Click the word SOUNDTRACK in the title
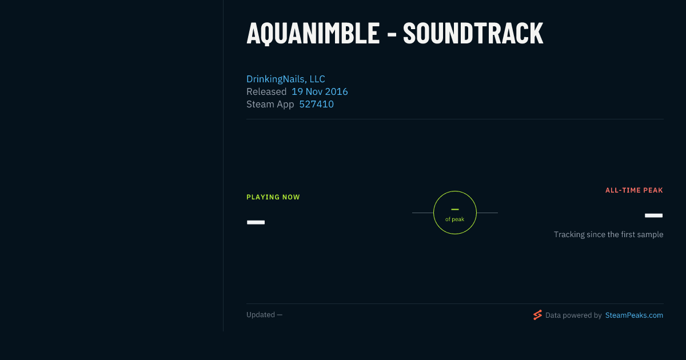473,33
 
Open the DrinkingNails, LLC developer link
286,79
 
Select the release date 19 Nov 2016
320,91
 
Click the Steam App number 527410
316,104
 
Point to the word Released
266,91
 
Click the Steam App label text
270,105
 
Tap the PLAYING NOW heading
273,197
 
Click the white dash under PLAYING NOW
256,222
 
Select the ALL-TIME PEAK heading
634,190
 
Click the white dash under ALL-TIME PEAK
653,215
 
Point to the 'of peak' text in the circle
455,219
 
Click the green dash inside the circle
455,209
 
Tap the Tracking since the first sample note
608,234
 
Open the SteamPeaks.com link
634,315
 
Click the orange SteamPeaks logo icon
537,315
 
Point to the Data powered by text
573,315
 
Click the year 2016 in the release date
336,91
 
